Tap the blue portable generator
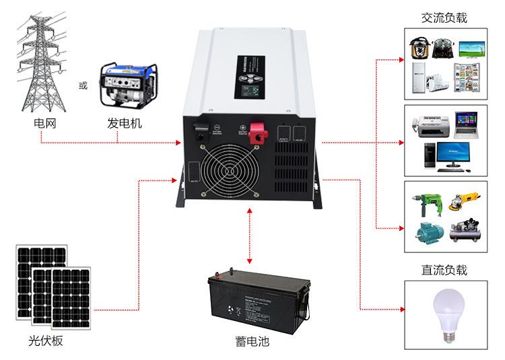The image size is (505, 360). click(x=126, y=86)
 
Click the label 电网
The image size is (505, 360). click(x=42, y=124)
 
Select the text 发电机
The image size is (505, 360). click(x=125, y=124)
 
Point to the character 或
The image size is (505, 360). click(x=83, y=86)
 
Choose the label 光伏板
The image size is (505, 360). click(x=46, y=340)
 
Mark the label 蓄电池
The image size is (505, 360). click(x=252, y=341)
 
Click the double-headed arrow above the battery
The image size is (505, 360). click(x=250, y=236)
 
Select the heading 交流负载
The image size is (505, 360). click(x=444, y=18)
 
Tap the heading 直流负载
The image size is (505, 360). click(x=444, y=271)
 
